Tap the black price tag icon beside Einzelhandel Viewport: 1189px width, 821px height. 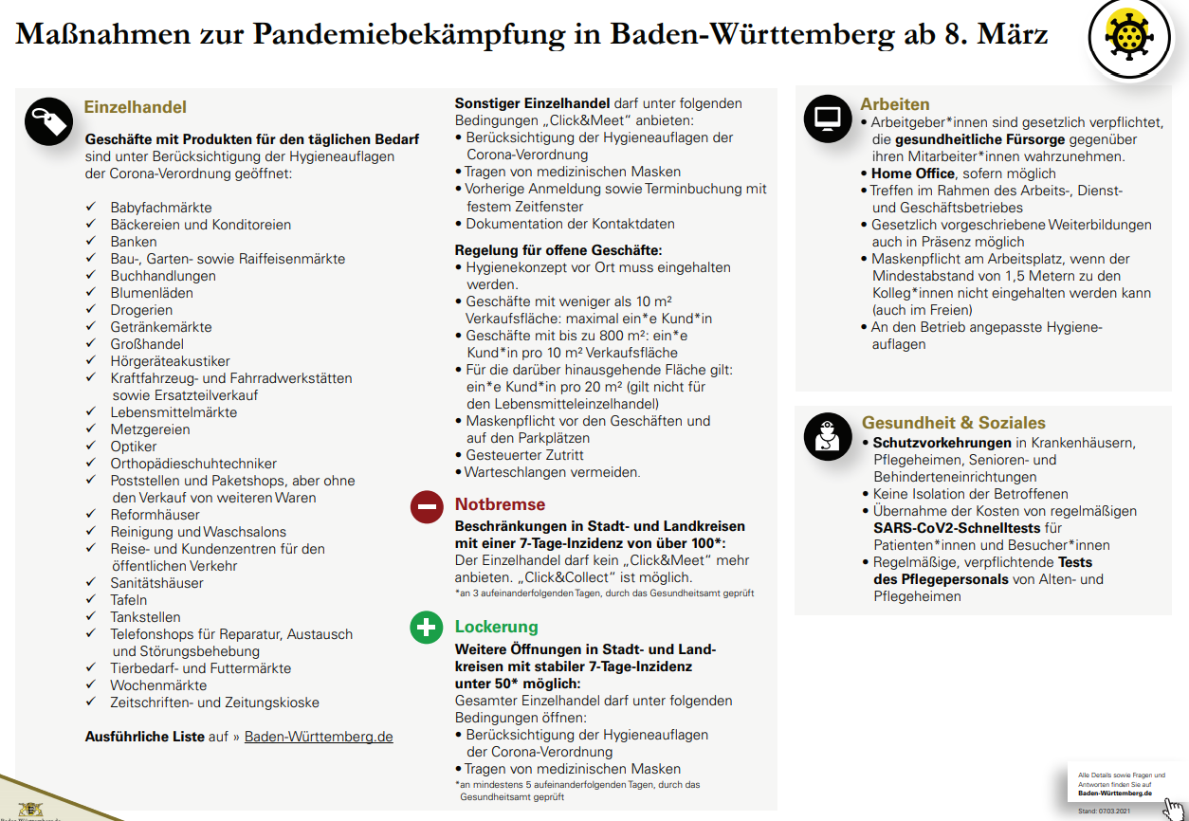pyautogui.click(x=48, y=121)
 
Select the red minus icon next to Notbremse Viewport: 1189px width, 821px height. pyautogui.click(x=426, y=507)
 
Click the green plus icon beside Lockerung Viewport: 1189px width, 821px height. pyautogui.click(x=426, y=629)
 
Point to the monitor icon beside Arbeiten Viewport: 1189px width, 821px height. pyautogui.click(x=828, y=119)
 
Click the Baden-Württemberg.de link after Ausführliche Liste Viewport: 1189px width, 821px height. pyautogui.click(x=319, y=737)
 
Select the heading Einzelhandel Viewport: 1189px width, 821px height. pyautogui.click(x=136, y=108)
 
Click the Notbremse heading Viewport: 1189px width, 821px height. pyautogui.click(x=500, y=504)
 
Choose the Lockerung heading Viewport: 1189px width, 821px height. pyautogui.click(x=496, y=627)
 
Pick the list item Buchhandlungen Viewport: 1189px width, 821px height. pyautogui.click(x=163, y=276)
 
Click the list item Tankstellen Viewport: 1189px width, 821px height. pyautogui.click(x=145, y=617)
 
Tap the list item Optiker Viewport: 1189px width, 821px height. pyautogui.click(x=134, y=447)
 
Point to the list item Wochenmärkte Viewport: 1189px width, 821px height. pyautogui.click(x=158, y=685)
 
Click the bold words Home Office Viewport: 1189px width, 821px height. pyautogui.click(x=912, y=173)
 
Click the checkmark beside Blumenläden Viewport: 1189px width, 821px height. pyautogui.click(x=91, y=293)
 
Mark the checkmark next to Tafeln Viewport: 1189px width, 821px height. pyautogui.click(x=91, y=600)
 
